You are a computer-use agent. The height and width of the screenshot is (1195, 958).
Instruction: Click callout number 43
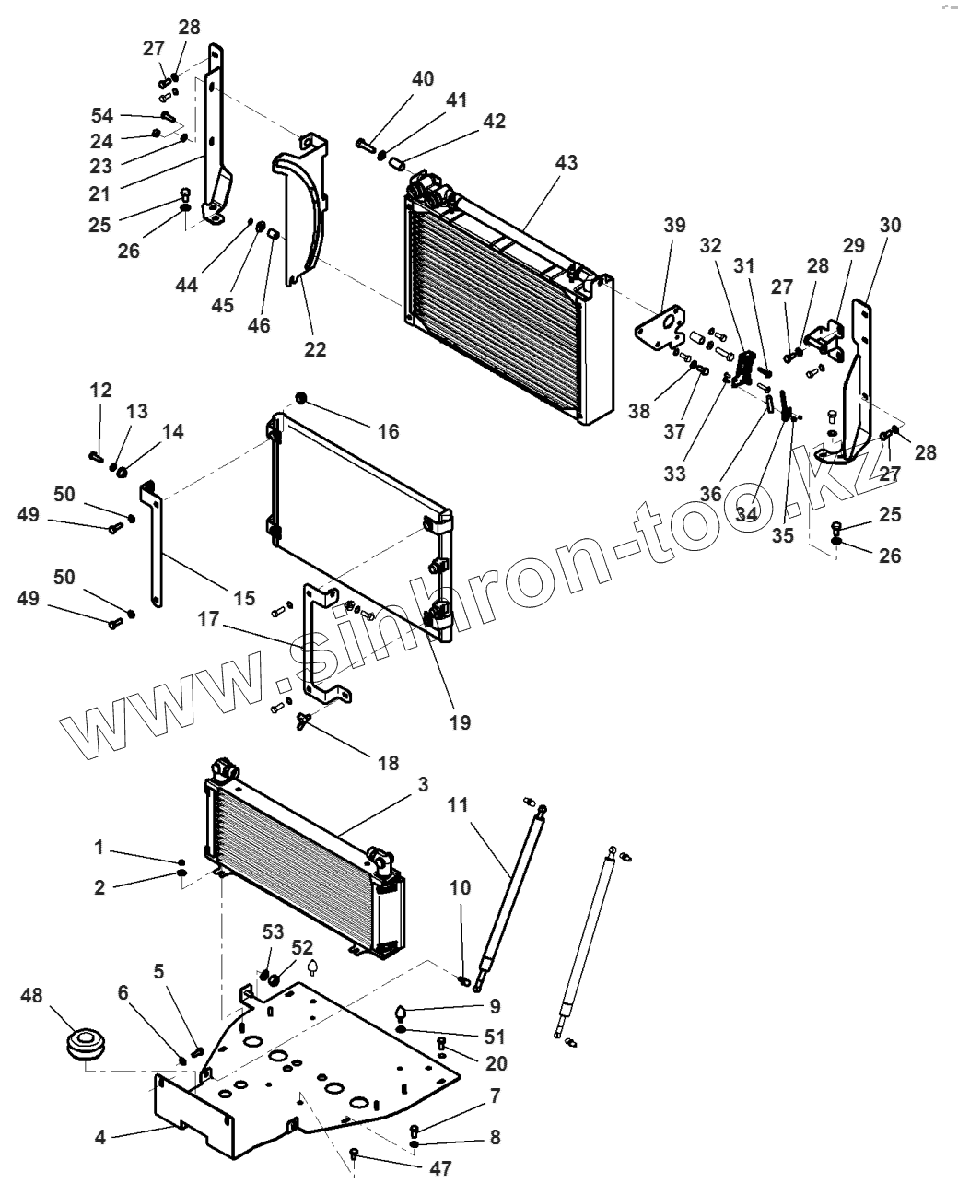(567, 162)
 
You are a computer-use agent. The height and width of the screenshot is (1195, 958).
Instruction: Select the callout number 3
(423, 784)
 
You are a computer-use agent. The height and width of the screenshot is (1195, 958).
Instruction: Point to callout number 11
(459, 804)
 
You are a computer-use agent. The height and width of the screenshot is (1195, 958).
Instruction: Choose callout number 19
(460, 723)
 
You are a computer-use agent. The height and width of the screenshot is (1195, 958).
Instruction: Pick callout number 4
(100, 1138)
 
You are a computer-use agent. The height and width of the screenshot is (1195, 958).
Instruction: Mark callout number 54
(101, 115)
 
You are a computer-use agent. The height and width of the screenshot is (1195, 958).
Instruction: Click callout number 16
(389, 430)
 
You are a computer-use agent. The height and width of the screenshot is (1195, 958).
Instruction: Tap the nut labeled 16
(299, 398)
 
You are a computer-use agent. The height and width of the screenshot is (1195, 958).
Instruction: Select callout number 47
(441, 1168)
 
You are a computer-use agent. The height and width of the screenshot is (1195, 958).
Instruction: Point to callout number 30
(891, 225)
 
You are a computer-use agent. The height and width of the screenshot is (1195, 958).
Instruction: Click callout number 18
(388, 763)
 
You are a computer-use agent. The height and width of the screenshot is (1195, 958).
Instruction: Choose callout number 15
(243, 598)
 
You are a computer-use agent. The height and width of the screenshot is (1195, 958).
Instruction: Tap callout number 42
(495, 122)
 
